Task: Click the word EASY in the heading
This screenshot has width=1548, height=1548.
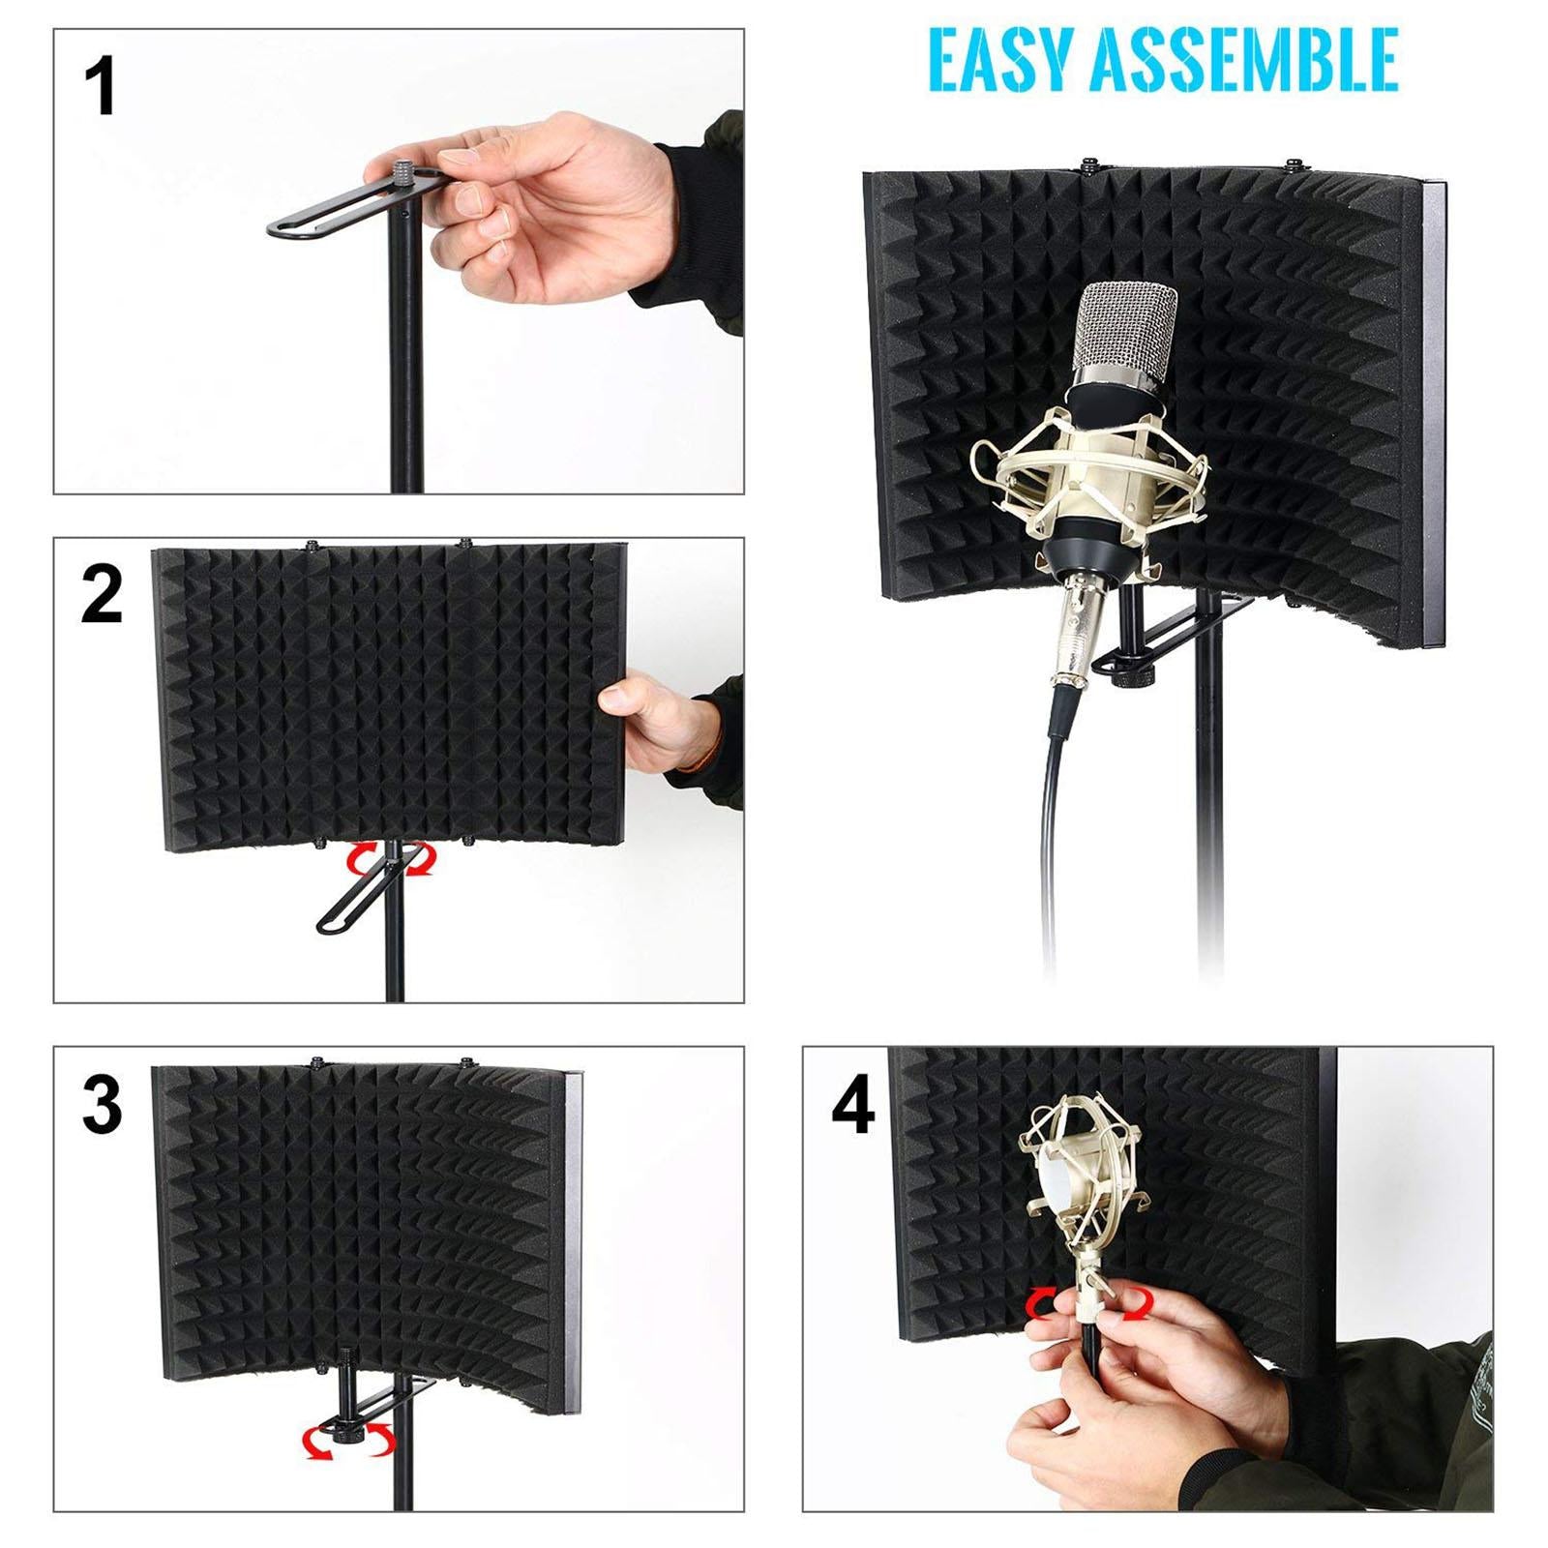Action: [x=999, y=60]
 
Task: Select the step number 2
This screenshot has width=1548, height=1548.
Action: [x=102, y=596]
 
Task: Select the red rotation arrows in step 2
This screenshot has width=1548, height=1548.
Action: [x=392, y=859]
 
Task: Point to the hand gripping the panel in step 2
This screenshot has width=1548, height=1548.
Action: [x=658, y=721]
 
